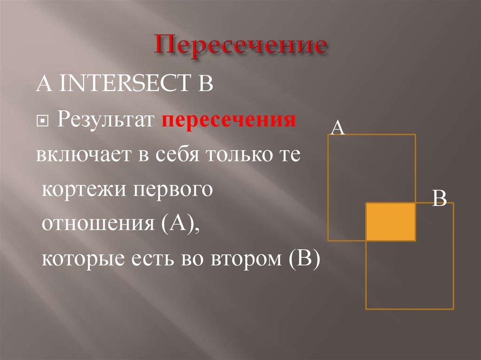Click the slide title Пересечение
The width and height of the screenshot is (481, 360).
tap(241, 47)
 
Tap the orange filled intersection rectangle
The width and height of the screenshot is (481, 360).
tap(391, 222)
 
